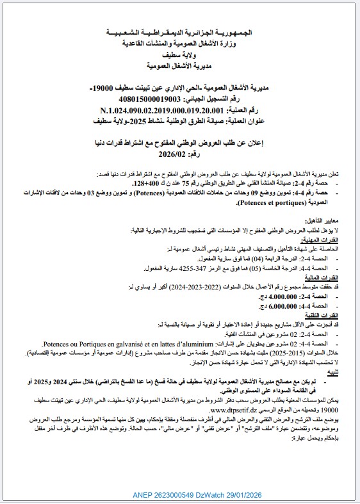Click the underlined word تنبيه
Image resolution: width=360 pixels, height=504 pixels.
tap(334, 372)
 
